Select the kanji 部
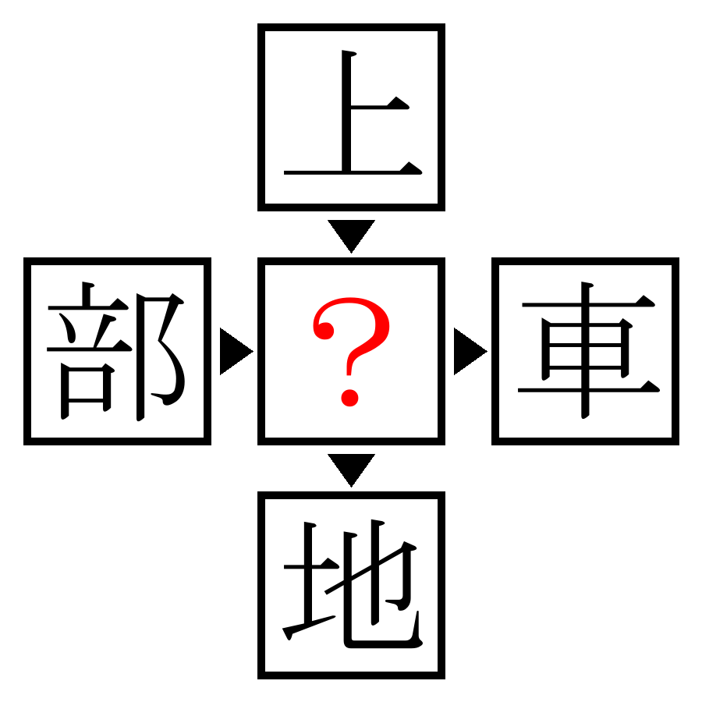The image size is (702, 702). (x=115, y=351)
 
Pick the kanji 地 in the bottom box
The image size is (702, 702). (x=352, y=585)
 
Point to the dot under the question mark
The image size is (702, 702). (x=349, y=398)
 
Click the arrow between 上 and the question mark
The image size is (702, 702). (x=351, y=234)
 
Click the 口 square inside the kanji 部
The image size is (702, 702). (x=87, y=391)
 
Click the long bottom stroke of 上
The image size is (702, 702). (x=353, y=172)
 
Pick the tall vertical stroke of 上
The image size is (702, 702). (x=346, y=110)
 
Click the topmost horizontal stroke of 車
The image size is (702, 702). (x=588, y=304)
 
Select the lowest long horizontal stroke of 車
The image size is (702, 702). (x=588, y=389)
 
